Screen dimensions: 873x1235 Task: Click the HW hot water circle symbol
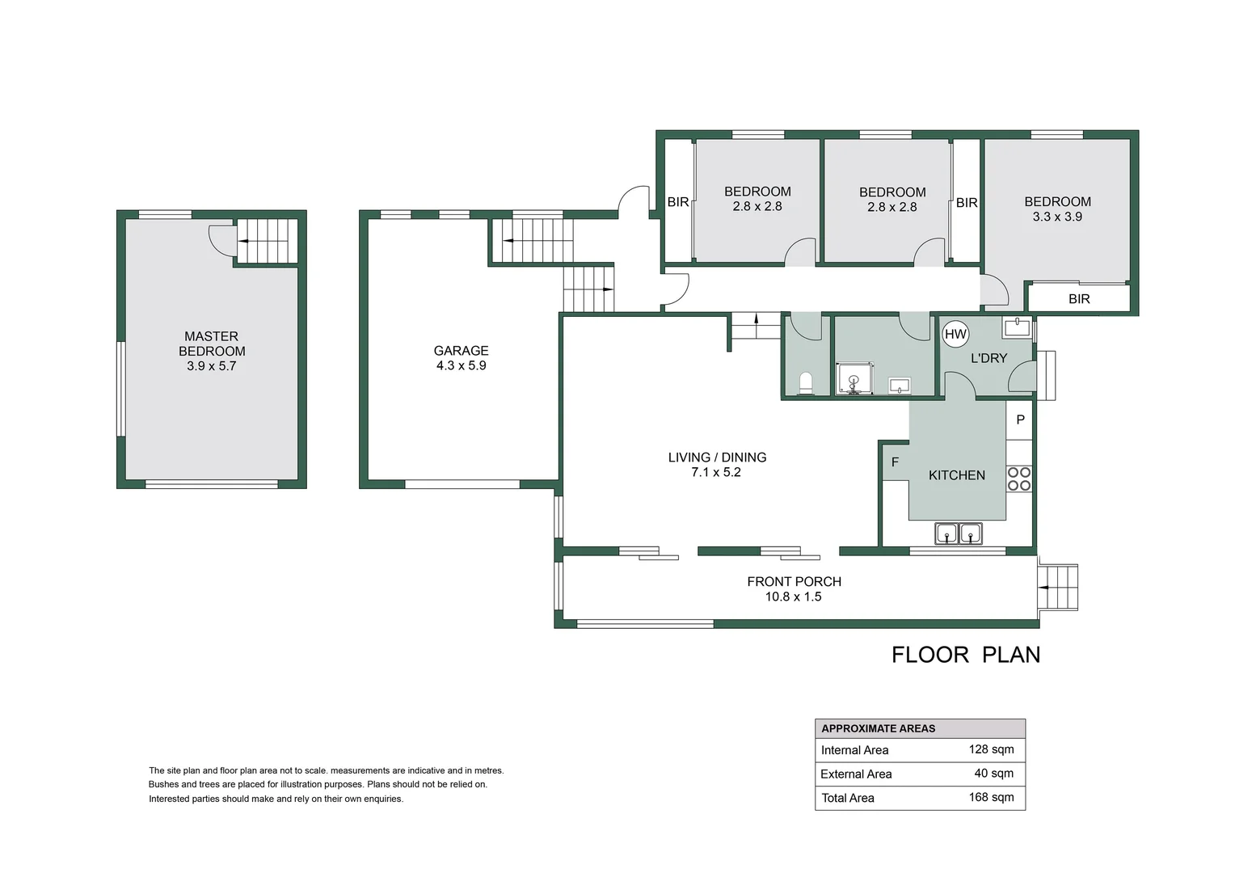tap(955, 334)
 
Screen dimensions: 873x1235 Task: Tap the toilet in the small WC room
tap(805, 382)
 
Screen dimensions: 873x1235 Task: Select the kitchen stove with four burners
tap(1019, 479)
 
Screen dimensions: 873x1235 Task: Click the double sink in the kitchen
tap(959, 533)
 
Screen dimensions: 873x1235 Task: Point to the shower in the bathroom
tap(854, 379)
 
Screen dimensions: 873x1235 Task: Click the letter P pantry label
tap(1020, 420)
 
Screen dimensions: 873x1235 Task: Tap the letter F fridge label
tap(895, 462)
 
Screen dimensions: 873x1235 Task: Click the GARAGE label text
tap(461, 351)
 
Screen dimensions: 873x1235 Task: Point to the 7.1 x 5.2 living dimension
tap(716, 472)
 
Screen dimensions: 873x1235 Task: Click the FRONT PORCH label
tap(794, 581)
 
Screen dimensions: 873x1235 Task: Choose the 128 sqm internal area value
tap(991, 749)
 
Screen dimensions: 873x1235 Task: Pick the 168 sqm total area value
tap(991, 797)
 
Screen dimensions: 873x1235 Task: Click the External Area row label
tap(856, 774)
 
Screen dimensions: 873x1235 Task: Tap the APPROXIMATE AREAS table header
tap(878, 728)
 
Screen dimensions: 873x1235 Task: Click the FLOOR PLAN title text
tap(966, 655)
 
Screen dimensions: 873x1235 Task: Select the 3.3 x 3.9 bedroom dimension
tap(1057, 217)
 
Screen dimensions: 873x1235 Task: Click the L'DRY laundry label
tap(988, 358)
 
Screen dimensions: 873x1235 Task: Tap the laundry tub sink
tap(1017, 327)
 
